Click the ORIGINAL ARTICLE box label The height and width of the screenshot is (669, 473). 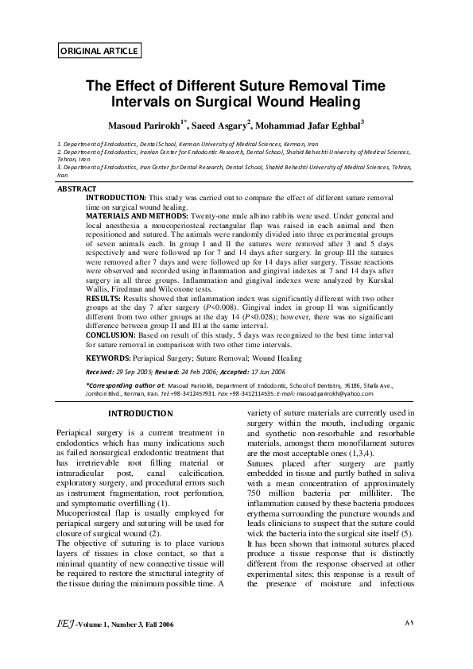99,51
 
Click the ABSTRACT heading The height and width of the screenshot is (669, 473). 77,188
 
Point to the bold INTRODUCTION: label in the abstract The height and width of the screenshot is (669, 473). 115,196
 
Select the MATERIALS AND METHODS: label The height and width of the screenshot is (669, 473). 137,215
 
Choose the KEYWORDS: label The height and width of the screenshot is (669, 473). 108,358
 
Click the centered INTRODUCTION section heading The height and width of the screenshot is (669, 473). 140,413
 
